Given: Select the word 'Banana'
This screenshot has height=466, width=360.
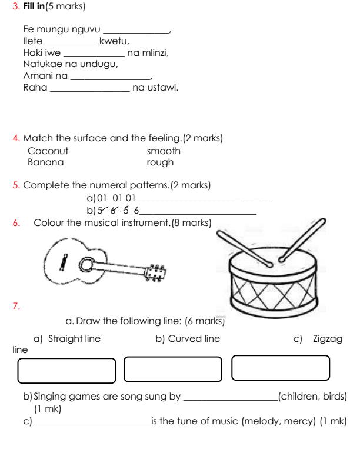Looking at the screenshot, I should tap(46, 162).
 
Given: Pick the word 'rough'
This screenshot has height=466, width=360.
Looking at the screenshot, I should tap(160, 162).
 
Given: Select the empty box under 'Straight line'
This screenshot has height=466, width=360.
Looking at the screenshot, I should tap(67, 371).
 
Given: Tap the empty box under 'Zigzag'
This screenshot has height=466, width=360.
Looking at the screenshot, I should tap(280, 370).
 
